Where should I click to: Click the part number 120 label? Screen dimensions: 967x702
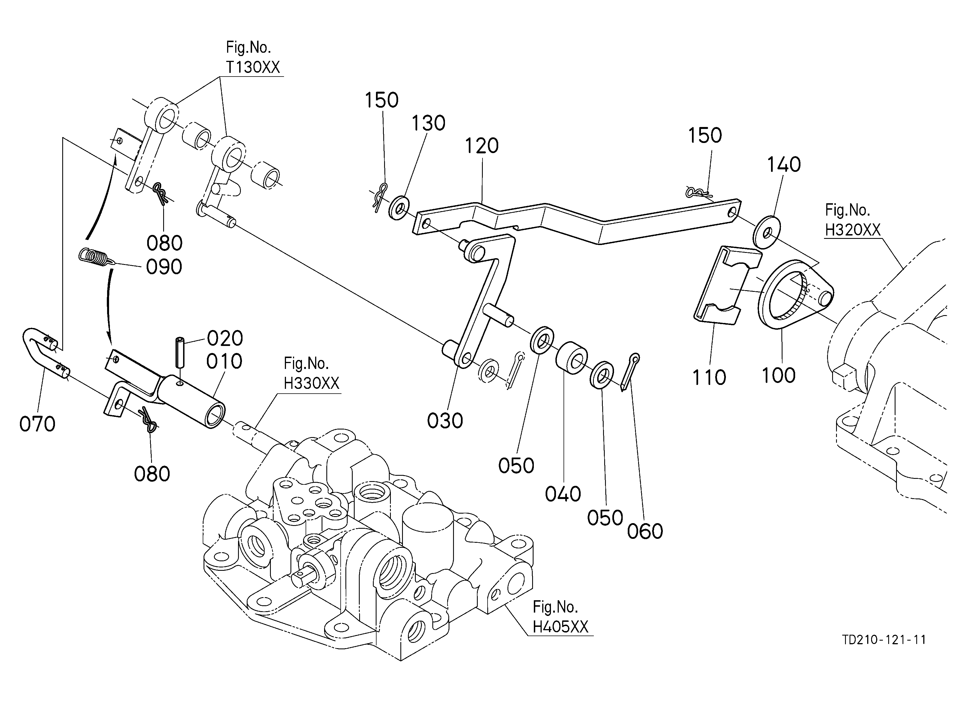(481, 146)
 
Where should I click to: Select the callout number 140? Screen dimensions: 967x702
(784, 165)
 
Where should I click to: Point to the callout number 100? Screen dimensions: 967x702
(779, 375)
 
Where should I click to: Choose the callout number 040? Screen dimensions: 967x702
(563, 495)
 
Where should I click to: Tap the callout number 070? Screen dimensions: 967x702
(38, 424)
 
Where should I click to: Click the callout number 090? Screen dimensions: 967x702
(164, 267)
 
